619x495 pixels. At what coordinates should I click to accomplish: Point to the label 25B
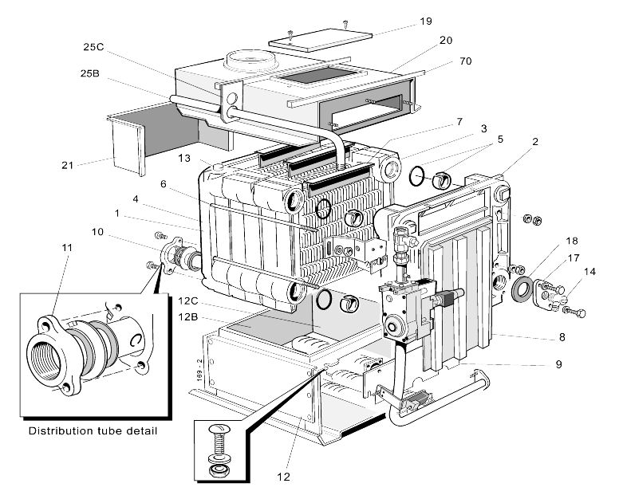click(89, 73)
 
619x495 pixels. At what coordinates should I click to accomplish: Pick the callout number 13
click(183, 159)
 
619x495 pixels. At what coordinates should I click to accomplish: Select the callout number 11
click(66, 248)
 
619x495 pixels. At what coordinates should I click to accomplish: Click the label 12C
click(188, 301)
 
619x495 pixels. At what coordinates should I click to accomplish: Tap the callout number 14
click(589, 271)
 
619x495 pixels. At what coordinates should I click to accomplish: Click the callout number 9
click(559, 365)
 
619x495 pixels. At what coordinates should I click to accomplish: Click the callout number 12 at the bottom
click(283, 477)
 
